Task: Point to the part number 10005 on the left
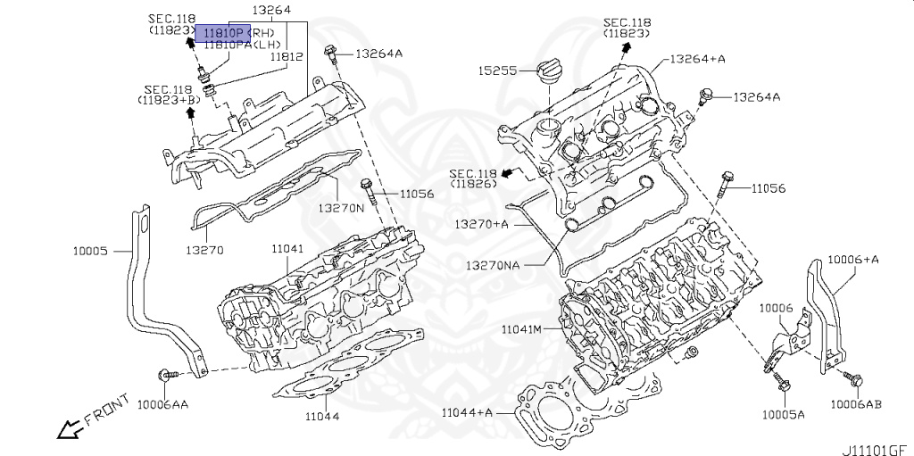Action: tap(90, 252)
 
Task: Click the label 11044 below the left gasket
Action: tap(322, 416)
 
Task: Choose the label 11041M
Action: tap(522, 330)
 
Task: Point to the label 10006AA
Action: tap(162, 404)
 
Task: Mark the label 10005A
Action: tap(783, 415)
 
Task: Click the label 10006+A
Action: tap(853, 259)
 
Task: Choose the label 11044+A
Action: tap(467, 411)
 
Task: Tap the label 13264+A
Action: tap(697, 60)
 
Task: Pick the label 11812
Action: tap(288, 55)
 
